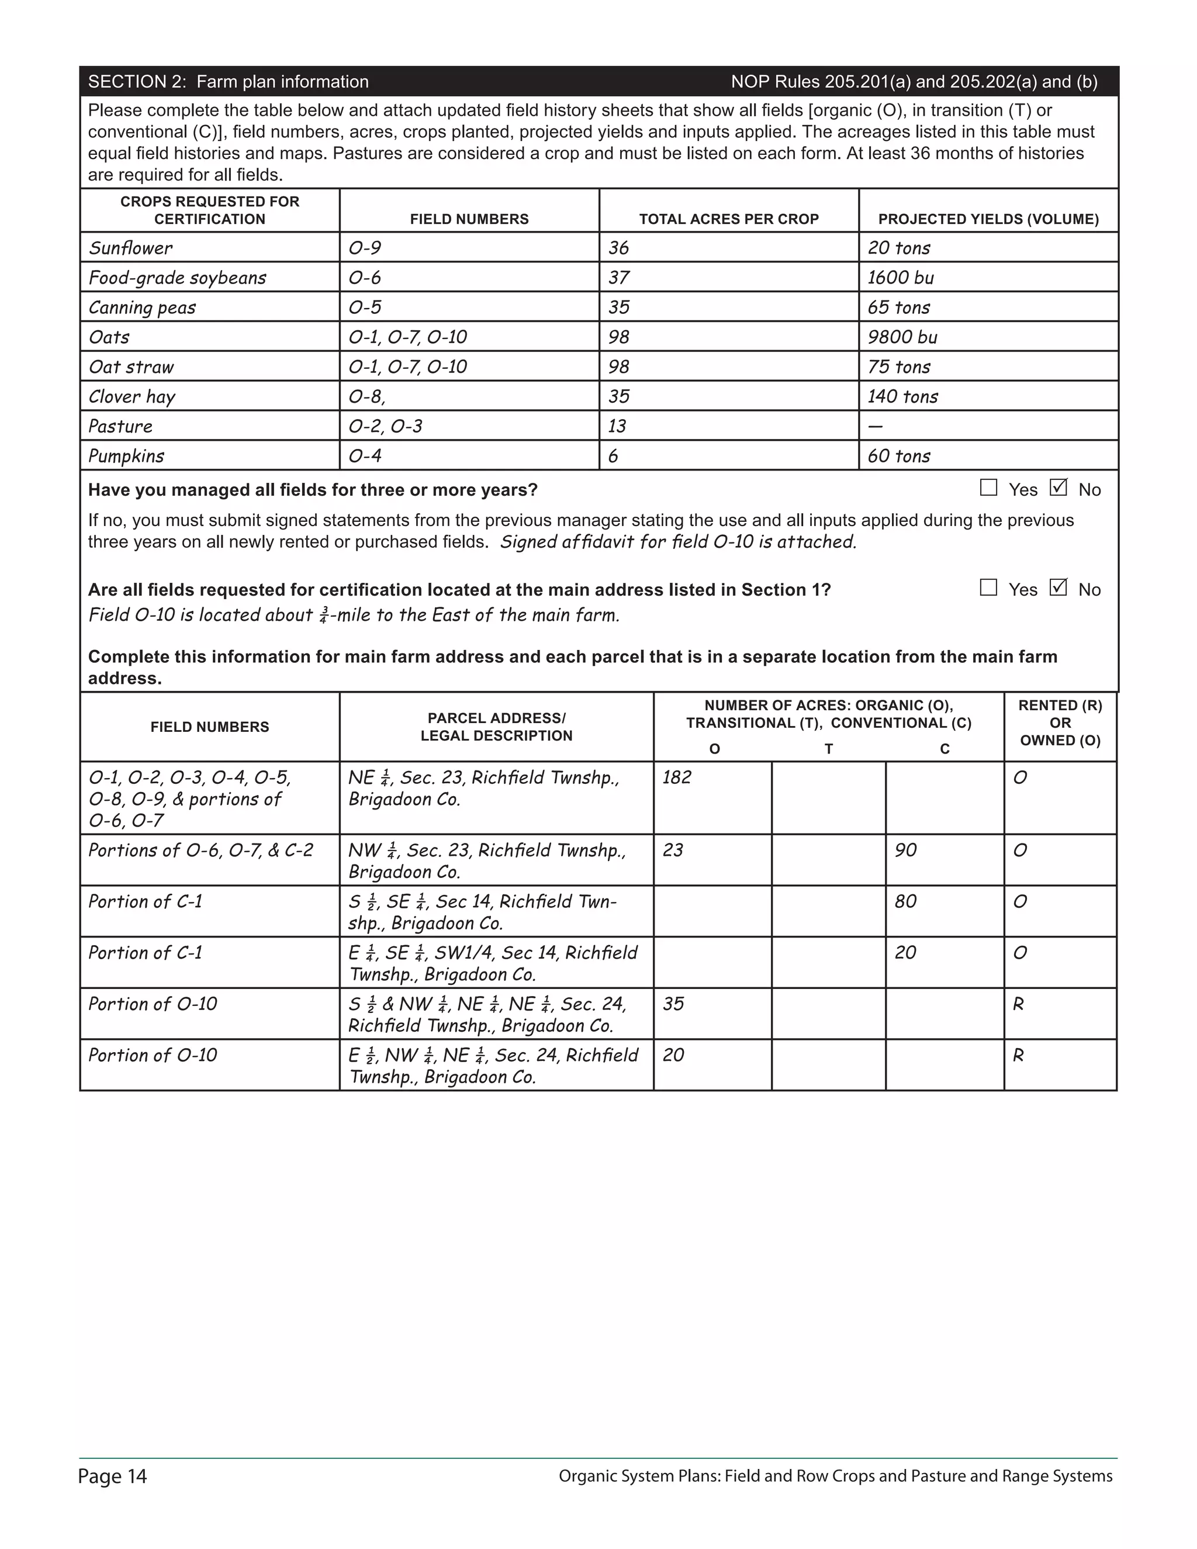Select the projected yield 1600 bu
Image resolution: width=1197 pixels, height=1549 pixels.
click(901, 277)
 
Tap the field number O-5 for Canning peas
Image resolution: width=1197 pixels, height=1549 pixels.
click(365, 307)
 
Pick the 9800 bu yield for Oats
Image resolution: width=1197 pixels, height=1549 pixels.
click(902, 337)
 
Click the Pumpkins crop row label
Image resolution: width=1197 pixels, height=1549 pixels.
click(126, 456)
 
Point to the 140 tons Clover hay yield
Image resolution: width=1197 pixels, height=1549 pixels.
click(902, 396)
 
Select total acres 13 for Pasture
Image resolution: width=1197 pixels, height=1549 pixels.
click(617, 426)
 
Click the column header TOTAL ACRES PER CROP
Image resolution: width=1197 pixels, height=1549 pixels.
click(728, 219)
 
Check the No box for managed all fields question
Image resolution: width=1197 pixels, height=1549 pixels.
click(1058, 488)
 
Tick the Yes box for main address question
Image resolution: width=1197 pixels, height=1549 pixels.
click(988, 588)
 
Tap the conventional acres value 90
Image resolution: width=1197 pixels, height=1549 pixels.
click(905, 850)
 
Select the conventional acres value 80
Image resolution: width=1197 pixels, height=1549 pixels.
click(905, 901)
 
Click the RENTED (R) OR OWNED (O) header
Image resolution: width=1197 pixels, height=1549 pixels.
click(1060, 722)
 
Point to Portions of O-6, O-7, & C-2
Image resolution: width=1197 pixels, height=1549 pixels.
click(200, 850)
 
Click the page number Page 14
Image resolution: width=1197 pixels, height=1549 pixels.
click(112, 1477)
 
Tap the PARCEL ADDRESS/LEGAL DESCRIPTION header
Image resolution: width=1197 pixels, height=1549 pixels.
click(496, 727)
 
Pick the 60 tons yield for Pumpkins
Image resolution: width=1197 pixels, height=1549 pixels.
click(898, 456)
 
